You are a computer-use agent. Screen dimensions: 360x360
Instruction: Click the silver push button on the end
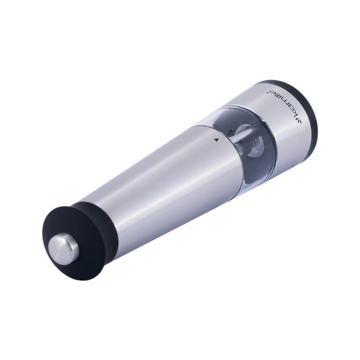pos(63,248)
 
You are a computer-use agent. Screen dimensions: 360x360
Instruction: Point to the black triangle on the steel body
pos(215,139)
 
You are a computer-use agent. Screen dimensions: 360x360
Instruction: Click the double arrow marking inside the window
pos(231,131)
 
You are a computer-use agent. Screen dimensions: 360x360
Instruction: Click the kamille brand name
pos(285,104)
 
